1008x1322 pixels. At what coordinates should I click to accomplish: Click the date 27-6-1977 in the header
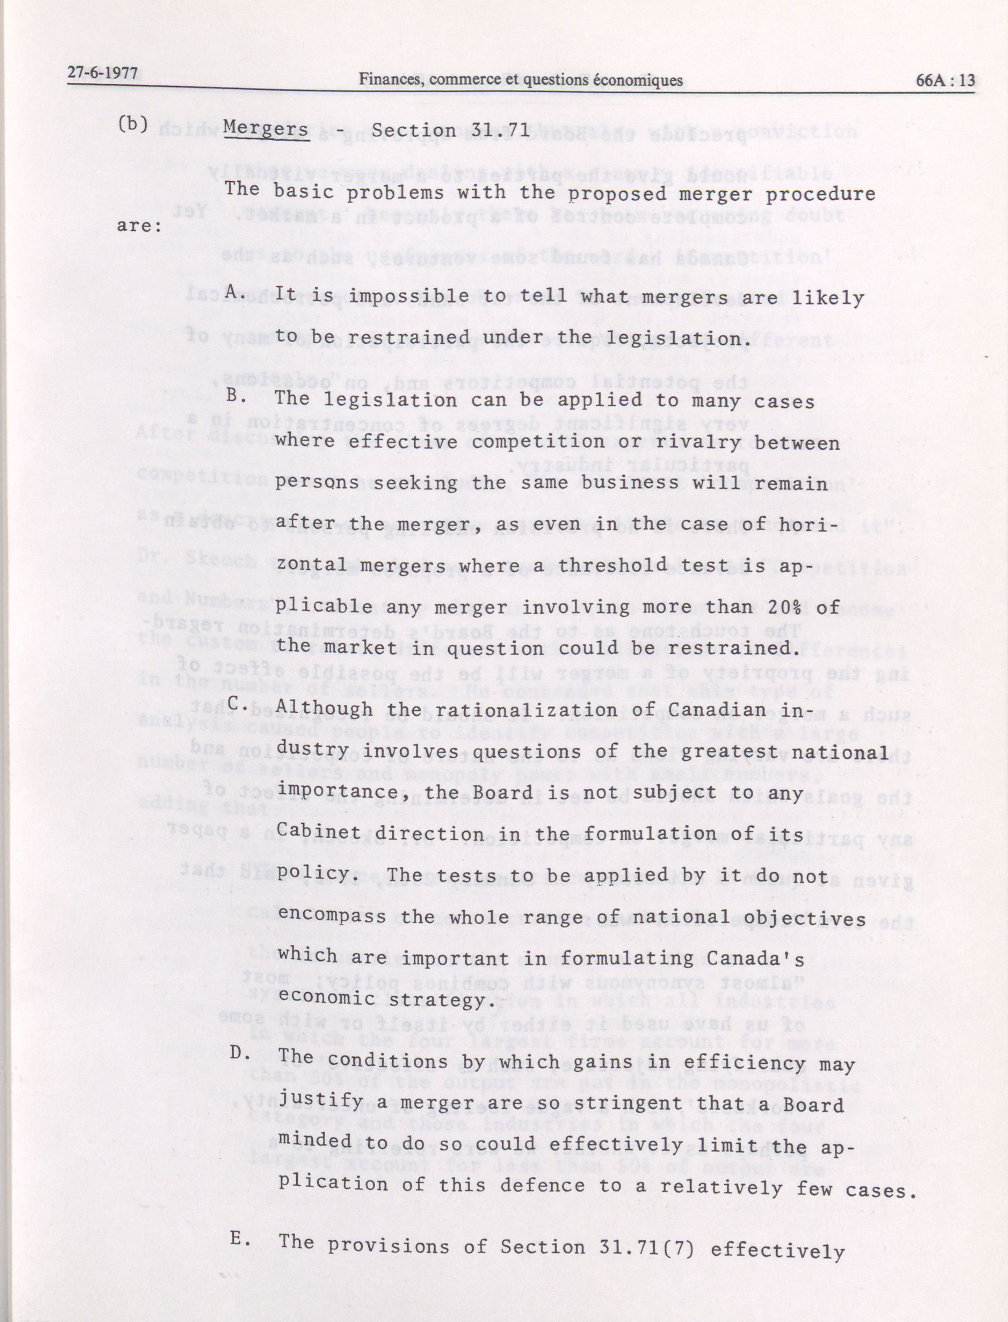pyautogui.click(x=102, y=74)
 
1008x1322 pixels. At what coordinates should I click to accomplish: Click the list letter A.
pyautogui.click(x=235, y=292)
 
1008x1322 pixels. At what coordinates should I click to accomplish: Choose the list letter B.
pyautogui.click(x=235, y=394)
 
